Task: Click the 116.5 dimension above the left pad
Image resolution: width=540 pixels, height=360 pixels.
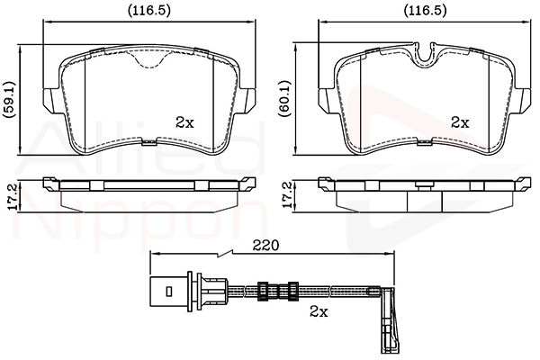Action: pyautogui.click(x=149, y=12)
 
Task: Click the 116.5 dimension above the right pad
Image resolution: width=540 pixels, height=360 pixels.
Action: pyautogui.click(x=425, y=12)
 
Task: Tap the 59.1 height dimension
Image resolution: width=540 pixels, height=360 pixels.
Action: pyautogui.click(x=9, y=100)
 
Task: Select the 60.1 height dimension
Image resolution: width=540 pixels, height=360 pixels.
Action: pyautogui.click(x=285, y=100)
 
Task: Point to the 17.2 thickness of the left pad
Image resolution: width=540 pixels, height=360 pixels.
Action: pyautogui.click(x=12, y=196)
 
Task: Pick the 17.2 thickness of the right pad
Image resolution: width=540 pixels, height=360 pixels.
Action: pyautogui.click(x=287, y=196)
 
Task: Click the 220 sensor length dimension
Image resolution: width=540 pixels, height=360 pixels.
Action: pyautogui.click(x=265, y=246)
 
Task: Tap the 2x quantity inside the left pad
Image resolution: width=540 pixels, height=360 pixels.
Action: pyautogui.click(x=184, y=122)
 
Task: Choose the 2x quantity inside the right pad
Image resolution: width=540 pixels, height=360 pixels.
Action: pyautogui.click(x=461, y=122)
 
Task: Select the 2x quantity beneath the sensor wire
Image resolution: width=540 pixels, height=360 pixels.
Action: pyautogui.click(x=319, y=311)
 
